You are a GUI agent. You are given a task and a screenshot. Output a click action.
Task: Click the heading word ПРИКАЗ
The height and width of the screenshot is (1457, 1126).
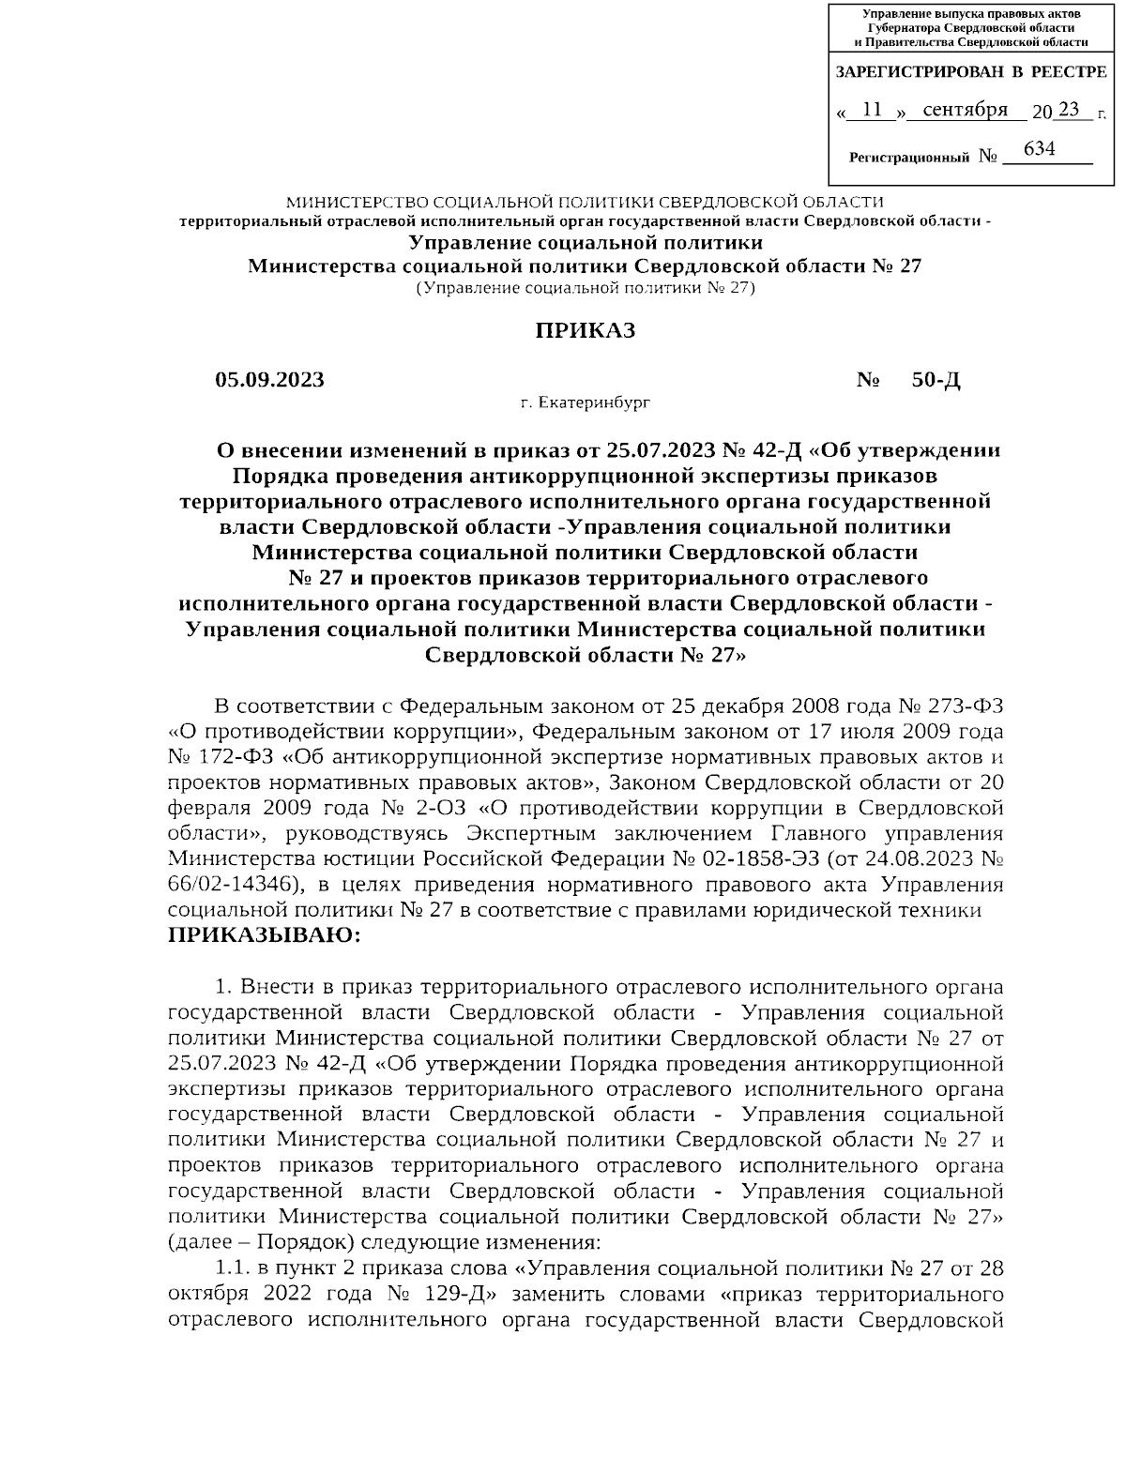[x=585, y=330]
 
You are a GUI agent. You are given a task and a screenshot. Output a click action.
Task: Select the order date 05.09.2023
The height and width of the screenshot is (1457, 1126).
[x=269, y=380]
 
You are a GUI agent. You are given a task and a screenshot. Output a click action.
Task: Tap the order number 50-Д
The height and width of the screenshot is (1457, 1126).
[x=936, y=380]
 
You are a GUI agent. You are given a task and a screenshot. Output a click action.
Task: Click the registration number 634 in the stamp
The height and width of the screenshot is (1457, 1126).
[x=1039, y=148]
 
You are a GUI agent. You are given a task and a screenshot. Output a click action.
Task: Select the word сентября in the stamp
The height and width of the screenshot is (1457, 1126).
[x=966, y=111]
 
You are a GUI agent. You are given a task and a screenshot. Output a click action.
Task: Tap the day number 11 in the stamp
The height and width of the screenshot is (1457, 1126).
[x=871, y=111]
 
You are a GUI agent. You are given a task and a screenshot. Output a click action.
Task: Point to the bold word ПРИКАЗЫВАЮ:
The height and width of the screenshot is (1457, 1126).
[x=264, y=936]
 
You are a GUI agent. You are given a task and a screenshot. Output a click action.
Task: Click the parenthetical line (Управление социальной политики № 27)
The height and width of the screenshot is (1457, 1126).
[x=585, y=288]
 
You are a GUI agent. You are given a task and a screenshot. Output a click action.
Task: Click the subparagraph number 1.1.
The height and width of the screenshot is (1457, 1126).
[x=231, y=1268]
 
